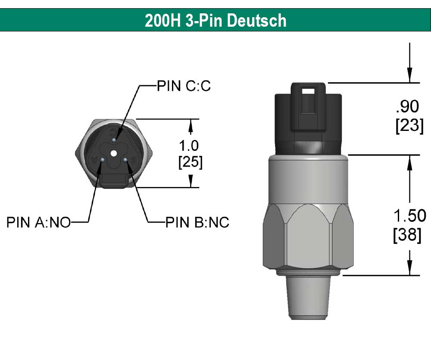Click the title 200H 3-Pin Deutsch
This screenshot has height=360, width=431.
[215, 20]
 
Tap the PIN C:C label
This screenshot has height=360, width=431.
[183, 86]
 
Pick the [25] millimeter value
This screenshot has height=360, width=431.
[190, 162]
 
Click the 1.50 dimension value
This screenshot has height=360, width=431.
[408, 215]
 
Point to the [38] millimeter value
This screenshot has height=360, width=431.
[408, 235]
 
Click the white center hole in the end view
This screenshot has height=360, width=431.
[113, 153]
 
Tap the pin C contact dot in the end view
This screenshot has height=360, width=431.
[113, 140]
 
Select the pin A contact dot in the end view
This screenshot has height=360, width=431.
[102, 160]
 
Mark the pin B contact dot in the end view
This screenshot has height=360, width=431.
[125, 160]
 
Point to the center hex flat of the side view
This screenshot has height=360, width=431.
[309, 237]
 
